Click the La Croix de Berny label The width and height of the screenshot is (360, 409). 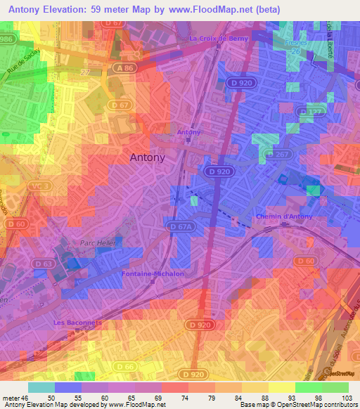[x=219, y=39]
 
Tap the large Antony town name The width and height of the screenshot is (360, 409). [x=148, y=158]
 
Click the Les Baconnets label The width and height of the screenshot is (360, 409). [x=78, y=323]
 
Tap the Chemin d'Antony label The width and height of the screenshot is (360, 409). [x=283, y=216]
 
